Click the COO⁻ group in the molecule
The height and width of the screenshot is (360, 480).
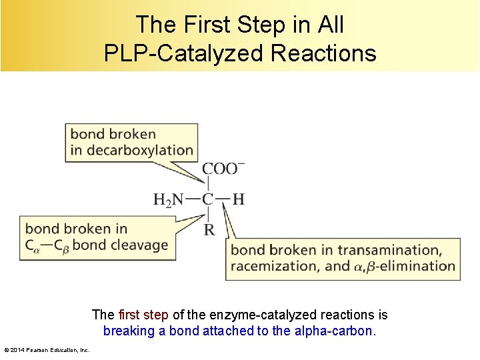pos(223,168)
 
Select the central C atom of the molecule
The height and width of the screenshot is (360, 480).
pos(208,199)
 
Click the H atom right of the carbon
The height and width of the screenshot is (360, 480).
pos(238,199)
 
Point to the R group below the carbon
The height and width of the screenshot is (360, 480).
pos(209,230)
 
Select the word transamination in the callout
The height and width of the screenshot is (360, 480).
pos(389,250)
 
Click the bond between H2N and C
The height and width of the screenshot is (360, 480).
pos(192,199)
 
